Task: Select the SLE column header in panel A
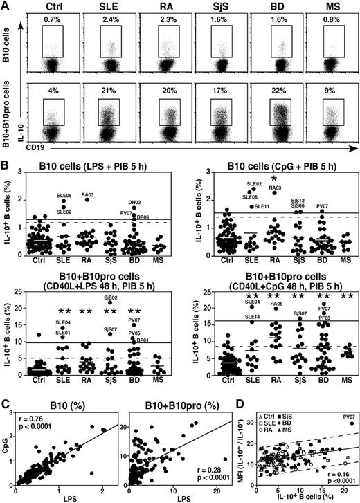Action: (106, 7)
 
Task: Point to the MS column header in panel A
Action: (327, 7)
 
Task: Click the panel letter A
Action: (6, 6)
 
